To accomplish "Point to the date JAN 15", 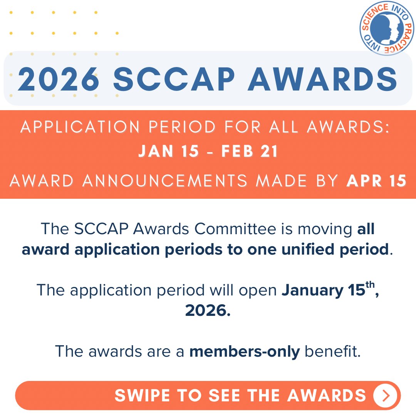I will point(169,151).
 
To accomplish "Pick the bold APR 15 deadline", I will point(376,181).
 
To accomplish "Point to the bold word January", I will point(311,290).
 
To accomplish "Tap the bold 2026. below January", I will point(208,310).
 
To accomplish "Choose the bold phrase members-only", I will point(244,351).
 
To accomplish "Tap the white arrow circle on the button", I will point(385,396).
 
